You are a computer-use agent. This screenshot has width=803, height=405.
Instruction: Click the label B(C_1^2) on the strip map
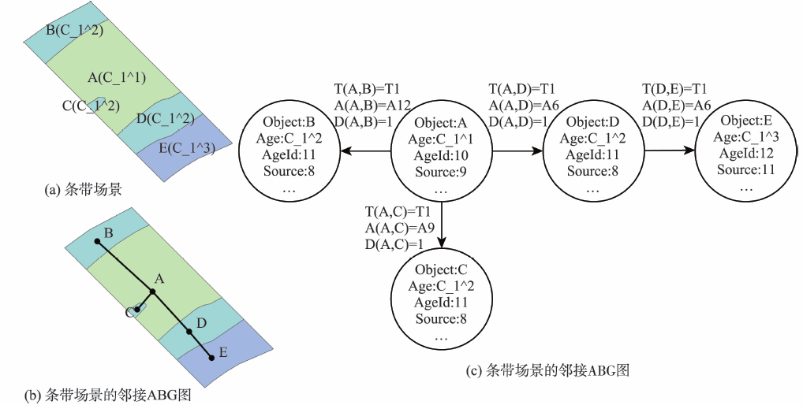[75, 30]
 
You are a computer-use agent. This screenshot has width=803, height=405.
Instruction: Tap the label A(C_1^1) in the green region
[117, 77]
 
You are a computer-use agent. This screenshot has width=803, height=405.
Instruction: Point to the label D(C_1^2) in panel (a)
[165, 119]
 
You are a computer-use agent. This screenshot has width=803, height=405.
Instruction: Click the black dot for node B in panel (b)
[98, 242]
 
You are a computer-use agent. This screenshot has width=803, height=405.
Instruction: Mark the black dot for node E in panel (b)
[211, 359]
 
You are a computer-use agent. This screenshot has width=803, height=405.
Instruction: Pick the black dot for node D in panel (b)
[189, 332]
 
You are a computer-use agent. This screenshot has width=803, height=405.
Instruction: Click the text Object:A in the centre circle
[441, 123]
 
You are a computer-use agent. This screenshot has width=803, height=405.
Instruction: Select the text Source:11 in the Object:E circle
[745, 169]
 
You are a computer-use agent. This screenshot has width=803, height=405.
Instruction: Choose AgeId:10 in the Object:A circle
[441, 156]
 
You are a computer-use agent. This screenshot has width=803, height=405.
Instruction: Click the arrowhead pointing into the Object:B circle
[345, 154]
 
